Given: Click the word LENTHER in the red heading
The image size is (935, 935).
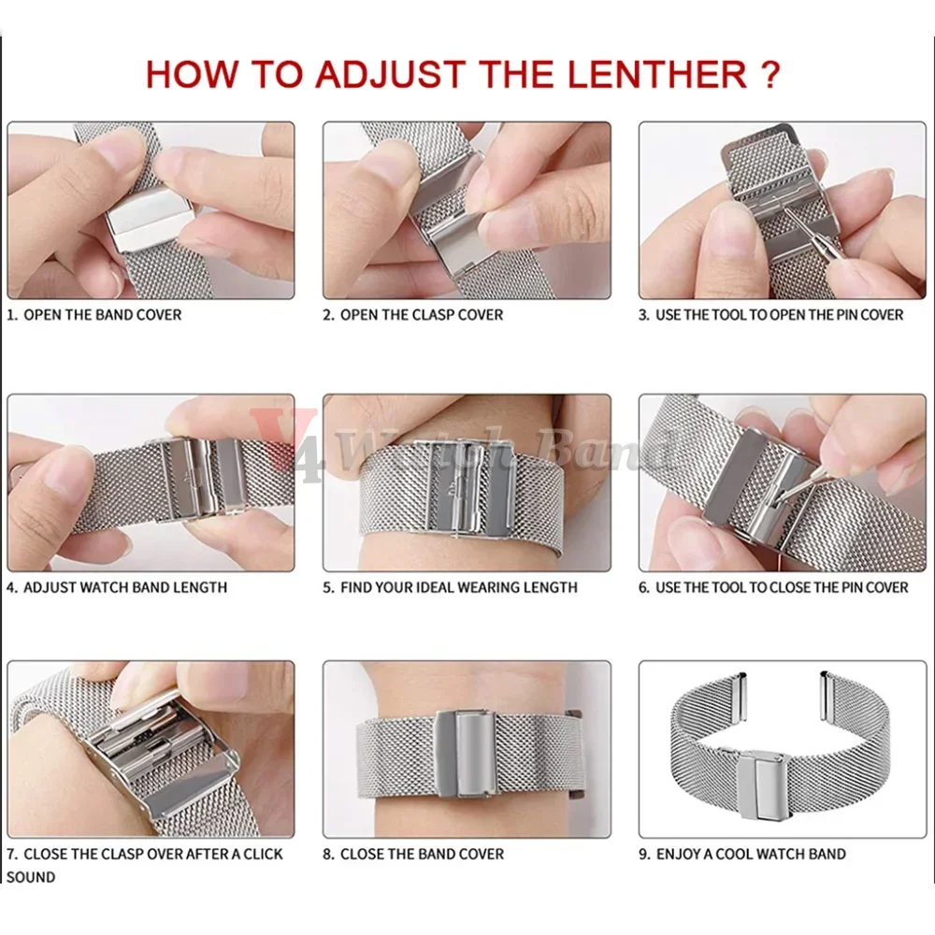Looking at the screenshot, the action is [x=657, y=74].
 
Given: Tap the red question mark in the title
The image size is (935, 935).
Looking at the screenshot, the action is [x=771, y=74].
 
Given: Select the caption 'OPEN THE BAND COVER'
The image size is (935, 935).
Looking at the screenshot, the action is [x=103, y=315].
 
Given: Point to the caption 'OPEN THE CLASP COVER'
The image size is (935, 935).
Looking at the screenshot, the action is [x=422, y=315].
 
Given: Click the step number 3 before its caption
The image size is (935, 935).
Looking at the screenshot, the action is [x=643, y=315].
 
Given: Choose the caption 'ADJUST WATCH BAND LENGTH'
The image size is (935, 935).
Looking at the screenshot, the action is [x=125, y=587].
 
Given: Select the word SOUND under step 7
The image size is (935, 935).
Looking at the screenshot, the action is [x=31, y=877].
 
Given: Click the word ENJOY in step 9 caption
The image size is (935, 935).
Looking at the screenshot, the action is [x=678, y=854].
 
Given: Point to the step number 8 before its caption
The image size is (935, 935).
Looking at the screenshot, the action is [x=327, y=854].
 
